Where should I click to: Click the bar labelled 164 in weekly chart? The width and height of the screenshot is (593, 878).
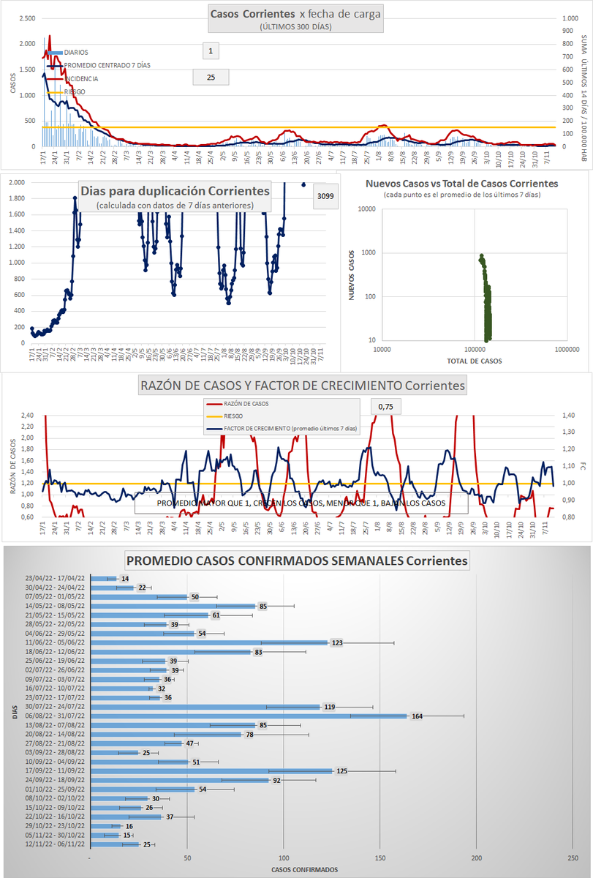(249, 716)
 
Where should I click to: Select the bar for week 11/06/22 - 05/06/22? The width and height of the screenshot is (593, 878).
(208, 642)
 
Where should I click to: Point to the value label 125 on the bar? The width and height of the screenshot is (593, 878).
(341, 771)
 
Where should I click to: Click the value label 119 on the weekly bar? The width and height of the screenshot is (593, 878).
(329, 707)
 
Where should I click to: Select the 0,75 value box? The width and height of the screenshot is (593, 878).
(385, 406)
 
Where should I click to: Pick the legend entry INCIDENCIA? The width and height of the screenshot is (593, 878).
(80, 78)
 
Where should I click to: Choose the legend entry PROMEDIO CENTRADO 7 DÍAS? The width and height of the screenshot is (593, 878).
(107, 65)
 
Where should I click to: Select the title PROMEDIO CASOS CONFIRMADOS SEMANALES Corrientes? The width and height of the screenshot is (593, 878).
(297, 561)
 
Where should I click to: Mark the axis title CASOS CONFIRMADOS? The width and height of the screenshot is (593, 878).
(304, 869)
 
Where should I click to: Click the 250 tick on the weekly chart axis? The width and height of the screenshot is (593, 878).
(573, 858)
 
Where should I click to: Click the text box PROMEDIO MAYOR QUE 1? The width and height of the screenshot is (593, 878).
(301, 503)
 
